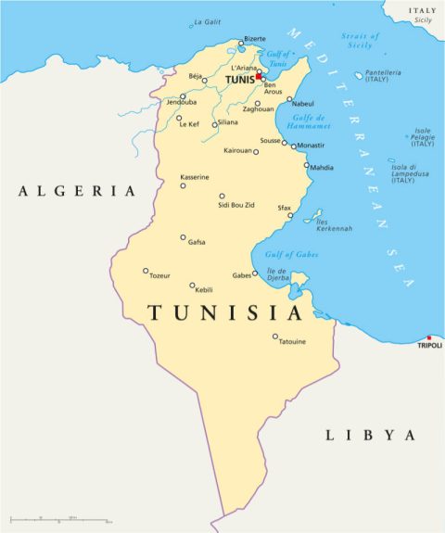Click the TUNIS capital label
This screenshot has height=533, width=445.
[x=239, y=80]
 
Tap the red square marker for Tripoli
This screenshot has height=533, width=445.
[x=428, y=337]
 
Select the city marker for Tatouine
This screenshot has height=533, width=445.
[x=275, y=336]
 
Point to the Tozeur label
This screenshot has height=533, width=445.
[x=159, y=276]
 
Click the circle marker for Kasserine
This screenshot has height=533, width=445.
[x=183, y=185]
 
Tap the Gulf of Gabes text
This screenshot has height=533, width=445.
[x=290, y=254]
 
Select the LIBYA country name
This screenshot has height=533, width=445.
[x=369, y=435]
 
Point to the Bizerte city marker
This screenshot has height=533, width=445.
[x=241, y=43]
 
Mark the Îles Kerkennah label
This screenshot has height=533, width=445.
[x=334, y=225]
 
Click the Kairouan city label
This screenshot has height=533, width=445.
[x=237, y=149]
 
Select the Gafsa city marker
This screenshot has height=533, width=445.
[x=184, y=237]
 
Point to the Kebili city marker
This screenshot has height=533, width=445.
[x=193, y=286]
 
